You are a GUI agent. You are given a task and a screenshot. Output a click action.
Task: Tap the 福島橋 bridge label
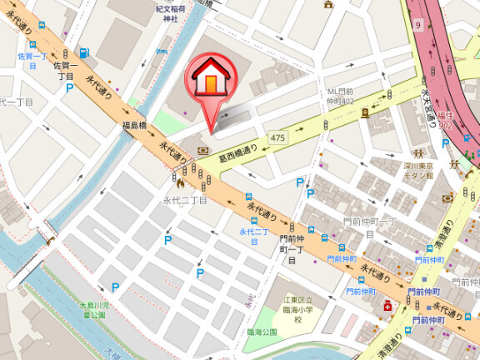pyautogui.click(x=135, y=126)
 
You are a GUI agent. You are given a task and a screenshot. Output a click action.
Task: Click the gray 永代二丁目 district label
pyautogui.click(x=184, y=200)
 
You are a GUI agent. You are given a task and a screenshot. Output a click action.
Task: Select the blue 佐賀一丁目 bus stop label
pyautogui.click(x=32, y=60)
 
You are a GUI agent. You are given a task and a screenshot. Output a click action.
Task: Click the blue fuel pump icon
pyautogui.click(x=84, y=53)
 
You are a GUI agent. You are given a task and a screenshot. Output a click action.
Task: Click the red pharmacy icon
pyautogui.click(x=387, y=307)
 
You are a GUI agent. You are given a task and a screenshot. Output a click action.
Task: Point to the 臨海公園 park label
pyautogui.click(x=260, y=331)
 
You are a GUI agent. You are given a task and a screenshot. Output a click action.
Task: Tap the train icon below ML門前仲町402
pyautogui.click(x=365, y=112)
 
